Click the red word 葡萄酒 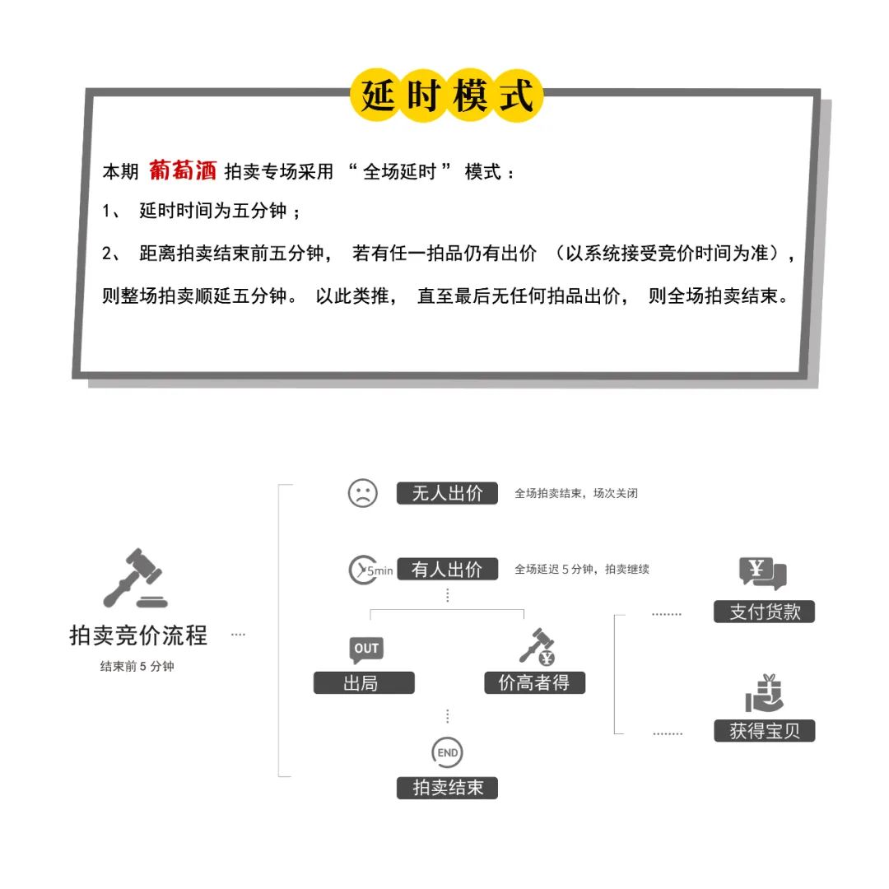tap(183, 170)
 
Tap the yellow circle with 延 tap(378, 96)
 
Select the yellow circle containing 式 tap(517, 96)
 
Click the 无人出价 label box tap(447, 493)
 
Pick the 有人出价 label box tap(447, 569)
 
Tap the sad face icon tap(362, 493)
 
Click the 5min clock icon tap(369, 570)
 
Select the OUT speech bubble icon tap(366, 649)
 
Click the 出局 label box tap(364, 682)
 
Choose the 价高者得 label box tap(534, 682)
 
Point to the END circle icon tap(447, 752)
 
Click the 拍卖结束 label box tap(447, 788)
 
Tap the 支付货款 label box tap(764, 612)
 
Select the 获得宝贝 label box tap(764, 730)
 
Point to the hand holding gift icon tap(764, 693)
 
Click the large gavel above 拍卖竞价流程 tap(134, 579)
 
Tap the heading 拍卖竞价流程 tap(138, 635)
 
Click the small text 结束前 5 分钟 tap(137, 667)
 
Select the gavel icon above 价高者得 tap(537, 647)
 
